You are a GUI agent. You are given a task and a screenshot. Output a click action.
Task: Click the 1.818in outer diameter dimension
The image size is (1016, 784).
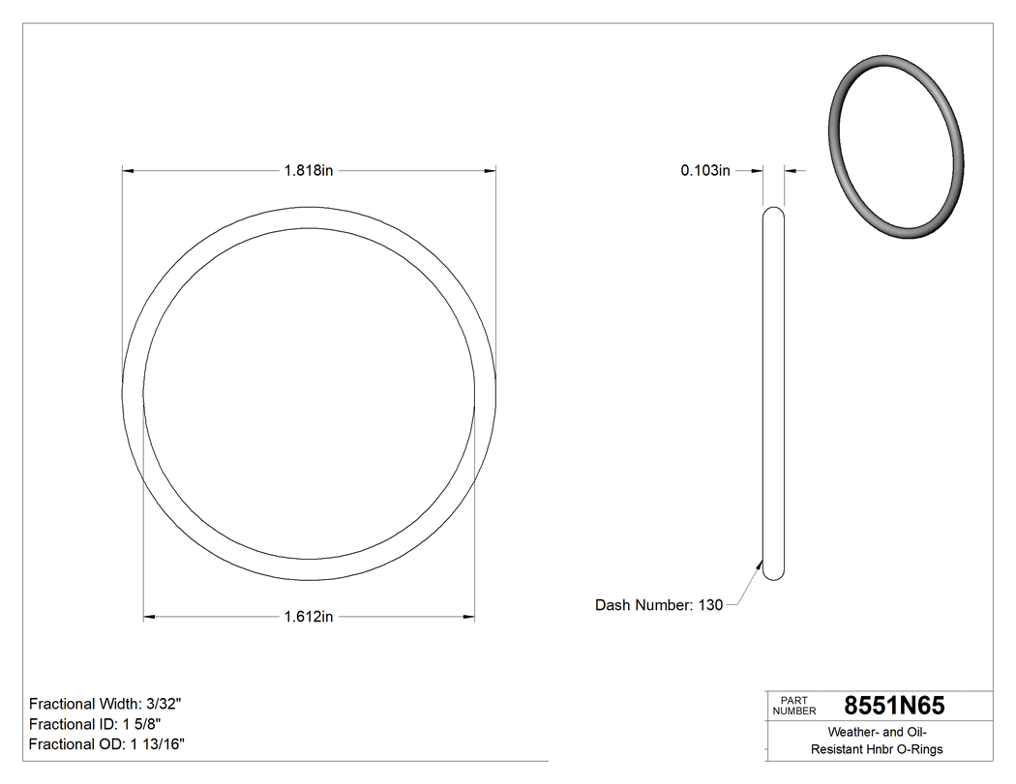click(308, 171)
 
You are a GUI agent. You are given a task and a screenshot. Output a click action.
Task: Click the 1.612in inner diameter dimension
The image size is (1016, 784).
click(308, 617)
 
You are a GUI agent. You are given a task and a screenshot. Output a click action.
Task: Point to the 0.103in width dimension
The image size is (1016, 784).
click(704, 171)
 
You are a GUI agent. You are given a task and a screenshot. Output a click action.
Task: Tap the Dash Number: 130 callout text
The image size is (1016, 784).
click(658, 605)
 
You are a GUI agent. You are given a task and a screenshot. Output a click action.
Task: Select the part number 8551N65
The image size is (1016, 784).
click(894, 706)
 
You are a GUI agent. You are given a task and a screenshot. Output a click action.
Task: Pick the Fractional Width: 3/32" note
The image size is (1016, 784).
click(105, 704)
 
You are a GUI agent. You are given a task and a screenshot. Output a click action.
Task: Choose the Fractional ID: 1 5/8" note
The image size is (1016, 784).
click(95, 724)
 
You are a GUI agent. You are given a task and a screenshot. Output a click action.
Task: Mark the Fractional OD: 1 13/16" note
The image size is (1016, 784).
click(106, 744)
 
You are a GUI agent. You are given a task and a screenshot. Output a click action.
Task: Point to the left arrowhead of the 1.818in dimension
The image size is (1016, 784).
click(127, 171)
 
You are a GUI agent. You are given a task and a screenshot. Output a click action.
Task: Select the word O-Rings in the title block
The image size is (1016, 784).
click(917, 749)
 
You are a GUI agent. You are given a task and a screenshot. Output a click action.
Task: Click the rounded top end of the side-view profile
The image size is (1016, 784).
click(773, 212)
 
